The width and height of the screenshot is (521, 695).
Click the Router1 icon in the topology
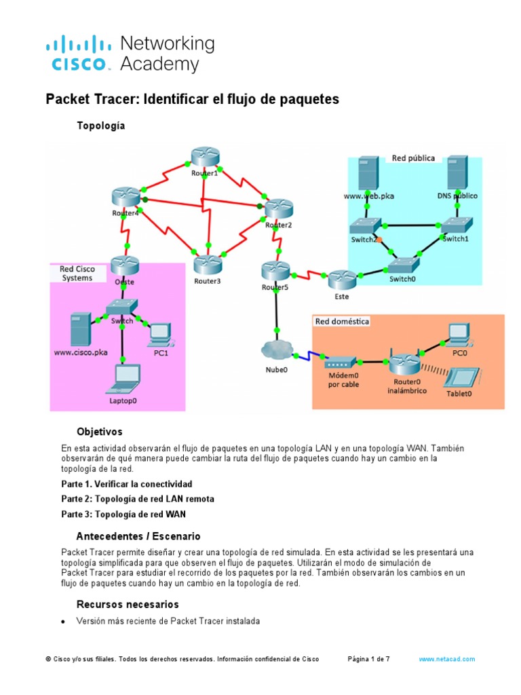click(x=204, y=157)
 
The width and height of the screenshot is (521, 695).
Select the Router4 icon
click(x=125, y=198)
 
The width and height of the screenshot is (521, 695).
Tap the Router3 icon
click(x=208, y=265)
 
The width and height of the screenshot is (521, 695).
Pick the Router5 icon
click(x=275, y=271)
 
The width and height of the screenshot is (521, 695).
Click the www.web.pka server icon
click(x=368, y=173)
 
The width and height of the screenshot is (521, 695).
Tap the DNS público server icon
click(x=457, y=173)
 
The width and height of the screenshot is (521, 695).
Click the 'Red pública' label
click(x=413, y=158)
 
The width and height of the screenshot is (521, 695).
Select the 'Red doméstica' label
click(x=342, y=322)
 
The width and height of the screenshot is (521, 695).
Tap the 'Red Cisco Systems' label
click(x=77, y=273)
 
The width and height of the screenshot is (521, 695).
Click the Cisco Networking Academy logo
click(x=130, y=54)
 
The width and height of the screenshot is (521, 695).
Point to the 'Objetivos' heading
click(x=99, y=432)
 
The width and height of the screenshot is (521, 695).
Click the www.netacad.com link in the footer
click(x=446, y=659)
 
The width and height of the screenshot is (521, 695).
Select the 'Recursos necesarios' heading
click(x=128, y=604)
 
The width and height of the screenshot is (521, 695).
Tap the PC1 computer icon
click(x=160, y=332)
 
